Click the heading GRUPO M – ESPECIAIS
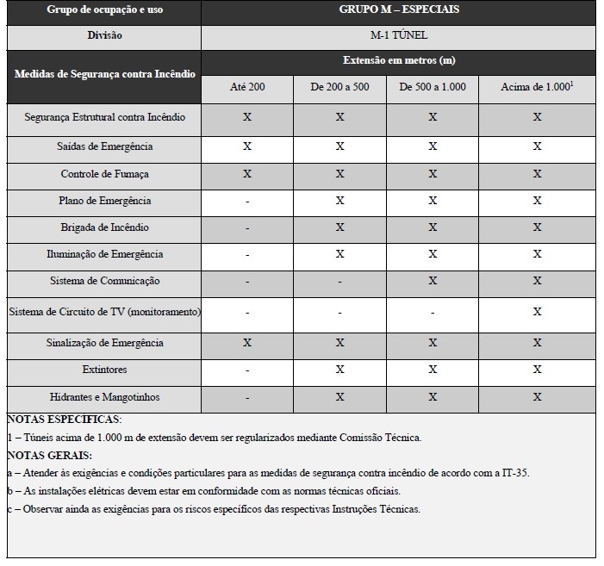tap(398, 11)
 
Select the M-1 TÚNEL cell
tap(398, 36)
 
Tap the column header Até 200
tap(247, 89)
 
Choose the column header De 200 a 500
tap(339, 89)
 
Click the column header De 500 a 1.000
tap(432, 89)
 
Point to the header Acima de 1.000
tap(535, 89)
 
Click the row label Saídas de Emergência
tap(104, 147)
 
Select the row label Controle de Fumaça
tap(104, 174)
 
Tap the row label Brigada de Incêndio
tap(104, 228)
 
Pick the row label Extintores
tap(104, 370)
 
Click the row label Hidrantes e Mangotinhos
tap(104, 398)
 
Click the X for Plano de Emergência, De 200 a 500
tap(339, 201)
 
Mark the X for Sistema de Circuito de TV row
tap(537, 312)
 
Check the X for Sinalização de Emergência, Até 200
tap(247, 343)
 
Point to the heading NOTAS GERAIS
tap(49, 455)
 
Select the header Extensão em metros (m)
tap(398, 62)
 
